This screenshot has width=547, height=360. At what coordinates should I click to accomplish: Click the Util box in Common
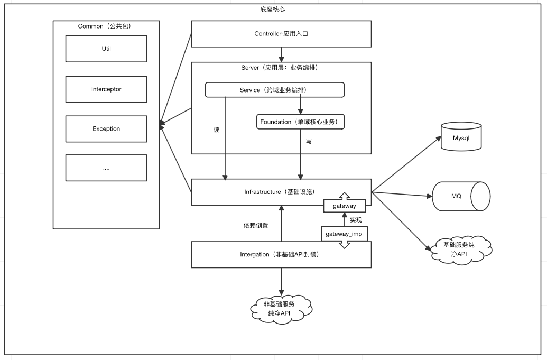coord(106,49)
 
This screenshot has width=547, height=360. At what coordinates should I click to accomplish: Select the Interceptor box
coord(106,89)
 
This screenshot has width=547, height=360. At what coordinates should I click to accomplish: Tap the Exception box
coord(106,129)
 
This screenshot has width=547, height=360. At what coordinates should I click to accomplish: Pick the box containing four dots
coord(106,168)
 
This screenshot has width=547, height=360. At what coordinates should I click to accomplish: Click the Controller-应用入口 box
coord(281,34)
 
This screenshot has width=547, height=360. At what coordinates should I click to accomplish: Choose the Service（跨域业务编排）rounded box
coord(275,90)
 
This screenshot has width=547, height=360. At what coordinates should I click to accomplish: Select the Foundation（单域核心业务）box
coord(300,122)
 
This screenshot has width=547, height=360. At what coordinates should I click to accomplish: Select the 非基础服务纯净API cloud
coord(281,309)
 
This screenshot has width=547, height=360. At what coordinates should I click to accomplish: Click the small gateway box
coord(344,206)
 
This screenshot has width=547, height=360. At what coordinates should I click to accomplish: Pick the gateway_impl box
coord(344,233)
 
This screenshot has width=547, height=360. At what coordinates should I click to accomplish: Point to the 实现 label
coord(356,220)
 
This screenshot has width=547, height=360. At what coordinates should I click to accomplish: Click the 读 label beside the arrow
coord(217,130)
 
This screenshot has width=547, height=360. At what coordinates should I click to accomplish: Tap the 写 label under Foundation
coord(309,141)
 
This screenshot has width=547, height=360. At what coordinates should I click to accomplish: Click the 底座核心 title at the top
coord(273,9)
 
